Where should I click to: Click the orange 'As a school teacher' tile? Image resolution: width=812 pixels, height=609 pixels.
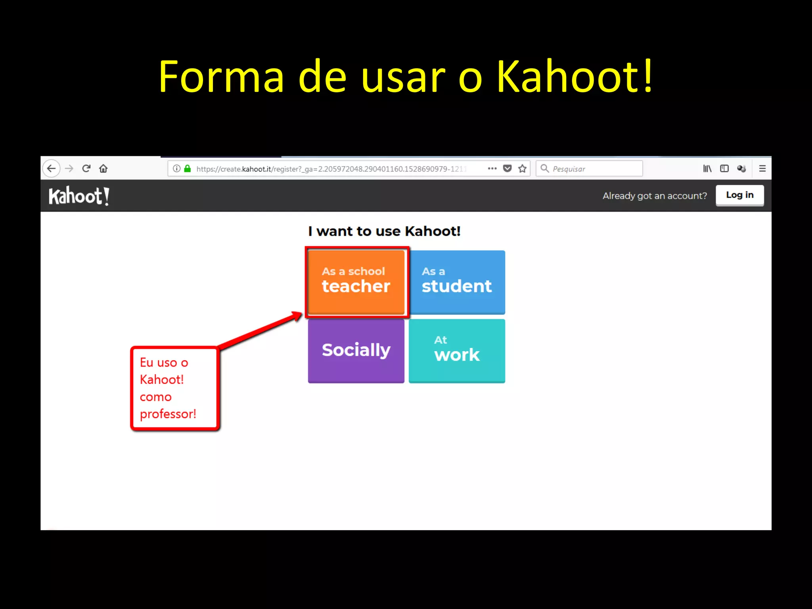[x=356, y=282]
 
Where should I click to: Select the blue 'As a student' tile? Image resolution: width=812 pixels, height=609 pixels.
[x=457, y=282]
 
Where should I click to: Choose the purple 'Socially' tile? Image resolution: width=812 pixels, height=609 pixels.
[x=356, y=350]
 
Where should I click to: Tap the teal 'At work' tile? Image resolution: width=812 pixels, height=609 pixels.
[x=457, y=350]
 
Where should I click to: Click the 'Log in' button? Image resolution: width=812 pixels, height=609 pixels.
[x=739, y=195]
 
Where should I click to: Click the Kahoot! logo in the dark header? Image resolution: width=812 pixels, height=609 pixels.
[x=79, y=196]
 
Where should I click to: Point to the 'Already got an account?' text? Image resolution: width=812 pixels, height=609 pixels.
[x=655, y=196]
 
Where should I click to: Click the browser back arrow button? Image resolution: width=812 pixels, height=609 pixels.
[x=52, y=169]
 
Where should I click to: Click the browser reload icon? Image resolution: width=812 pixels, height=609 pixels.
[x=86, y=169]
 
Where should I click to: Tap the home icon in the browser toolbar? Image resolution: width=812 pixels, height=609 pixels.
[x=103, y=169]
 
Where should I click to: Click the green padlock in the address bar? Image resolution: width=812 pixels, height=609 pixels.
[x=188, y=169]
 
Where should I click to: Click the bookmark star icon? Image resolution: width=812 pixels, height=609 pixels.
[x=523, y=169]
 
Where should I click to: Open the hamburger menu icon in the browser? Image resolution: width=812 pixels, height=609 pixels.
[x=762, y=169]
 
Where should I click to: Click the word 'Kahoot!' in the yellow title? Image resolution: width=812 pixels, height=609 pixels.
[x=574, y=76]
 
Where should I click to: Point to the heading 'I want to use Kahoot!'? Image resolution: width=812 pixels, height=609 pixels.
[x=384, y=231]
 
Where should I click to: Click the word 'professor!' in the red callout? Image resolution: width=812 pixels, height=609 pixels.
[x=168, y=414]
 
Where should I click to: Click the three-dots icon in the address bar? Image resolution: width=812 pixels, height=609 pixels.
[x=492, y=169]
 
